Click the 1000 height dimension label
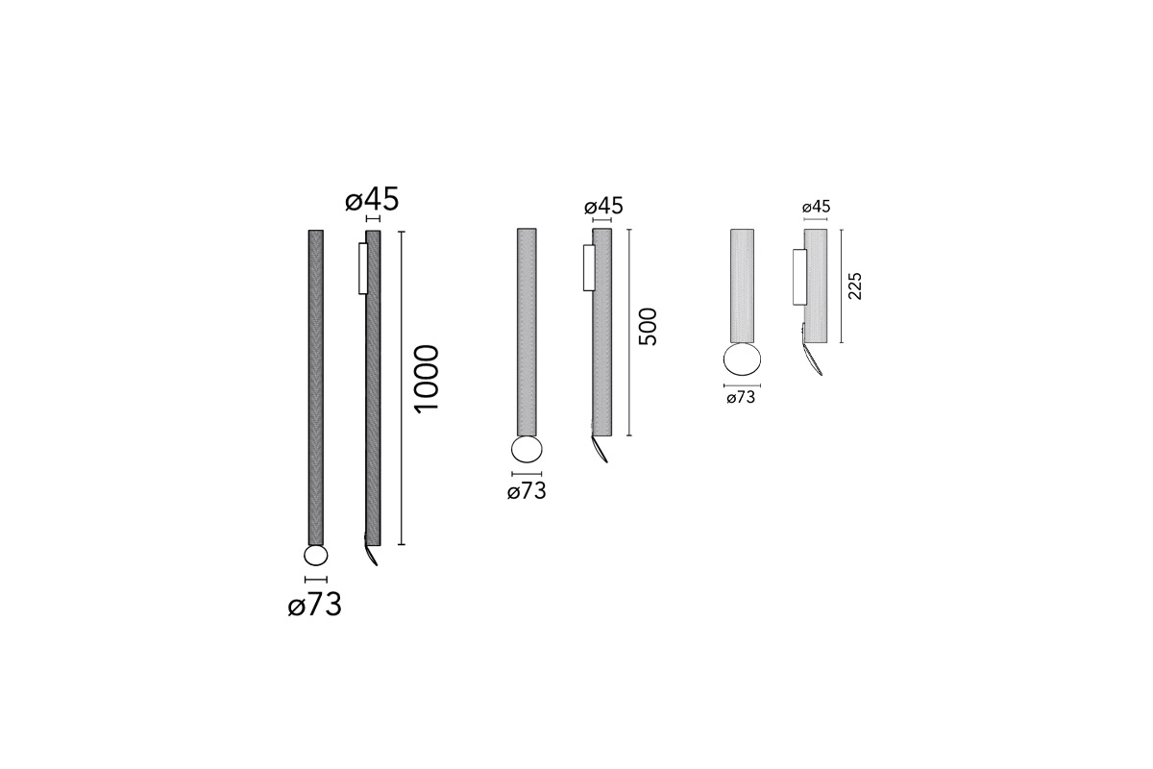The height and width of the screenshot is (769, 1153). [427, 379]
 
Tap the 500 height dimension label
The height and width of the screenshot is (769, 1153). [648, 327]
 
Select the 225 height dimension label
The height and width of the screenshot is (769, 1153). [854, 286]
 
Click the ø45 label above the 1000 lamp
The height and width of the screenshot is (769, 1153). [372, 199]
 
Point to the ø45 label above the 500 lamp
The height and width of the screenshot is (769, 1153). [603, 207]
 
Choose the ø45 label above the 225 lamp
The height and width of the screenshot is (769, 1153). [817, 207]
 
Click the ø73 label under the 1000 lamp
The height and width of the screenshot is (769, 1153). [314, 605]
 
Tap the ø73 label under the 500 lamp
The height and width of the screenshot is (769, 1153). [527, 491]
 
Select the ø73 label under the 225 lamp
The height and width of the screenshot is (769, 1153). [741, 398]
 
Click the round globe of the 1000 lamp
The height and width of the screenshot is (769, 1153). [315, 556]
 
